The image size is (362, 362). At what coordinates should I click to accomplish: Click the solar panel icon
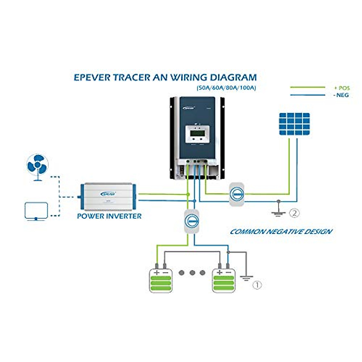tap(294, 124)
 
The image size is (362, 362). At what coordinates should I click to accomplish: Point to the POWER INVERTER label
tap(109, 216)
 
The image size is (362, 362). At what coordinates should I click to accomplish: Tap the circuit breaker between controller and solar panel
tap(237, 194)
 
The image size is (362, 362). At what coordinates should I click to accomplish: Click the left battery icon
tap(161, 280)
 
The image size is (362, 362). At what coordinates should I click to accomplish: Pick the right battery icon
tap(224, 280)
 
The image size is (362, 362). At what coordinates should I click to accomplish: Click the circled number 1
tap(257, 285)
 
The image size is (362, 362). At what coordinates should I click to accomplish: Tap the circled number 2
tap(294, 213)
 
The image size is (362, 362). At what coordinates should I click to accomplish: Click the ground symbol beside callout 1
tap(246, 278)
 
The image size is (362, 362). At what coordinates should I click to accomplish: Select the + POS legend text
tap(342, 88)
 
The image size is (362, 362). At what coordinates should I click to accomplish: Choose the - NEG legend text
tap(342, 95)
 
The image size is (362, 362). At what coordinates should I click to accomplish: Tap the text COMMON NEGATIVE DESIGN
tap(281, 232)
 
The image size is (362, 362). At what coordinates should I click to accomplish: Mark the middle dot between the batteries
tap(192, 273)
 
